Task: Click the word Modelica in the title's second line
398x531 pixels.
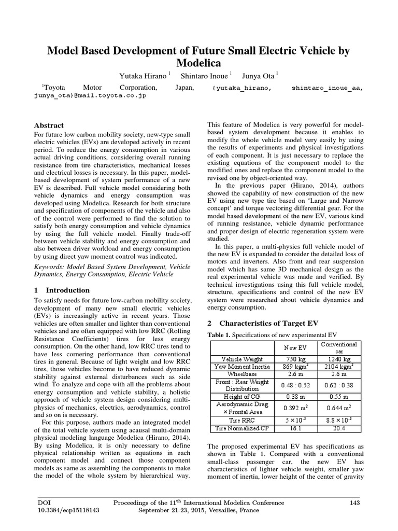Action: click(x=199, y=64)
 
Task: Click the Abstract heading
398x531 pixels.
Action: click(x=49, y=125)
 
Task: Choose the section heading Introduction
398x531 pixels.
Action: click(x=68, y=290)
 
